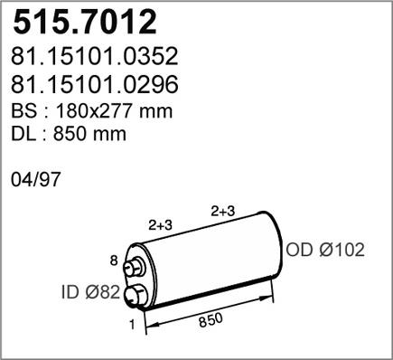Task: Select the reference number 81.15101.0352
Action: point(94,59)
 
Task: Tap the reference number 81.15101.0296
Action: point(94,86)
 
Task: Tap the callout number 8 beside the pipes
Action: point(113,261)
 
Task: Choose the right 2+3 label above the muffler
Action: point(223,211)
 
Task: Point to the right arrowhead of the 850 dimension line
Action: point(272,290)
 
